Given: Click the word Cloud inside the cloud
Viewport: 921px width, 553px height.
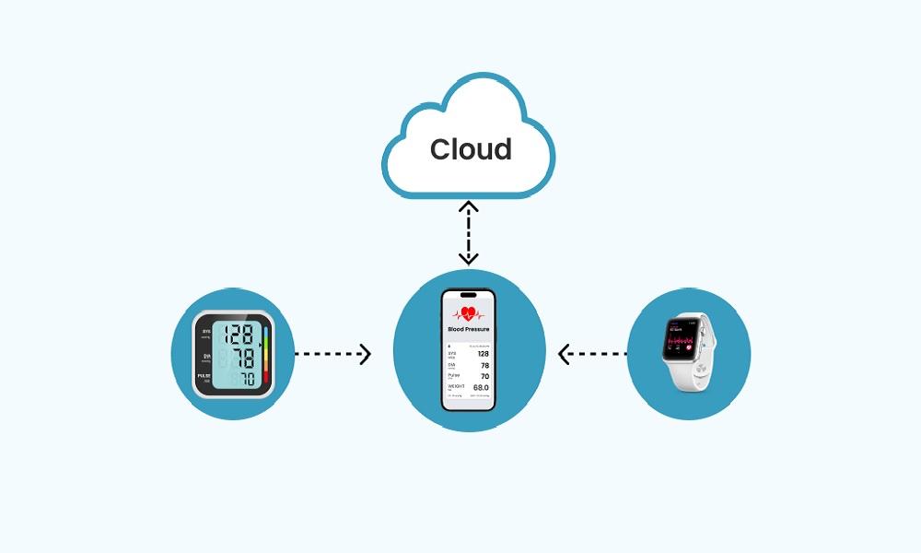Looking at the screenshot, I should click(471, 149).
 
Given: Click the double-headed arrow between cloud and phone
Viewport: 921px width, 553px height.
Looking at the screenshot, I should click(469, 233).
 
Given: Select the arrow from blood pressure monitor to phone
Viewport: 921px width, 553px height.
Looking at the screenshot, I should click(332, 353).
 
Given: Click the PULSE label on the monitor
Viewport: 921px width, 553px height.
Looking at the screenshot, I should click(204, 376).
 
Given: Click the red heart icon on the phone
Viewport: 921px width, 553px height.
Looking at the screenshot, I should click(469, 312).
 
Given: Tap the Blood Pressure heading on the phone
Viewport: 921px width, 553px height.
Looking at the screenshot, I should click(469, 328).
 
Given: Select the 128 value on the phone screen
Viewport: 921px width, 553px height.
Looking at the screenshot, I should click(483, 353).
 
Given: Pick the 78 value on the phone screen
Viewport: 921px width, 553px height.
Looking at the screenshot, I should click(484, 365).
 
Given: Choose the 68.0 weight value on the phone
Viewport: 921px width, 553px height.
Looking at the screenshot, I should click(481, 388).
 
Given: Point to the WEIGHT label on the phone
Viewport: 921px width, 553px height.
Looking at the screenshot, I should click(455, 386).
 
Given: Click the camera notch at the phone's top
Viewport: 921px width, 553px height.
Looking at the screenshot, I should click(469, 296).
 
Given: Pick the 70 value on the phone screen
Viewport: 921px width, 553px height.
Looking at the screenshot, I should click(484, 376).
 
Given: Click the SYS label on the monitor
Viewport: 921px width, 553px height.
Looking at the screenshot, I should click(206, 331).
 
